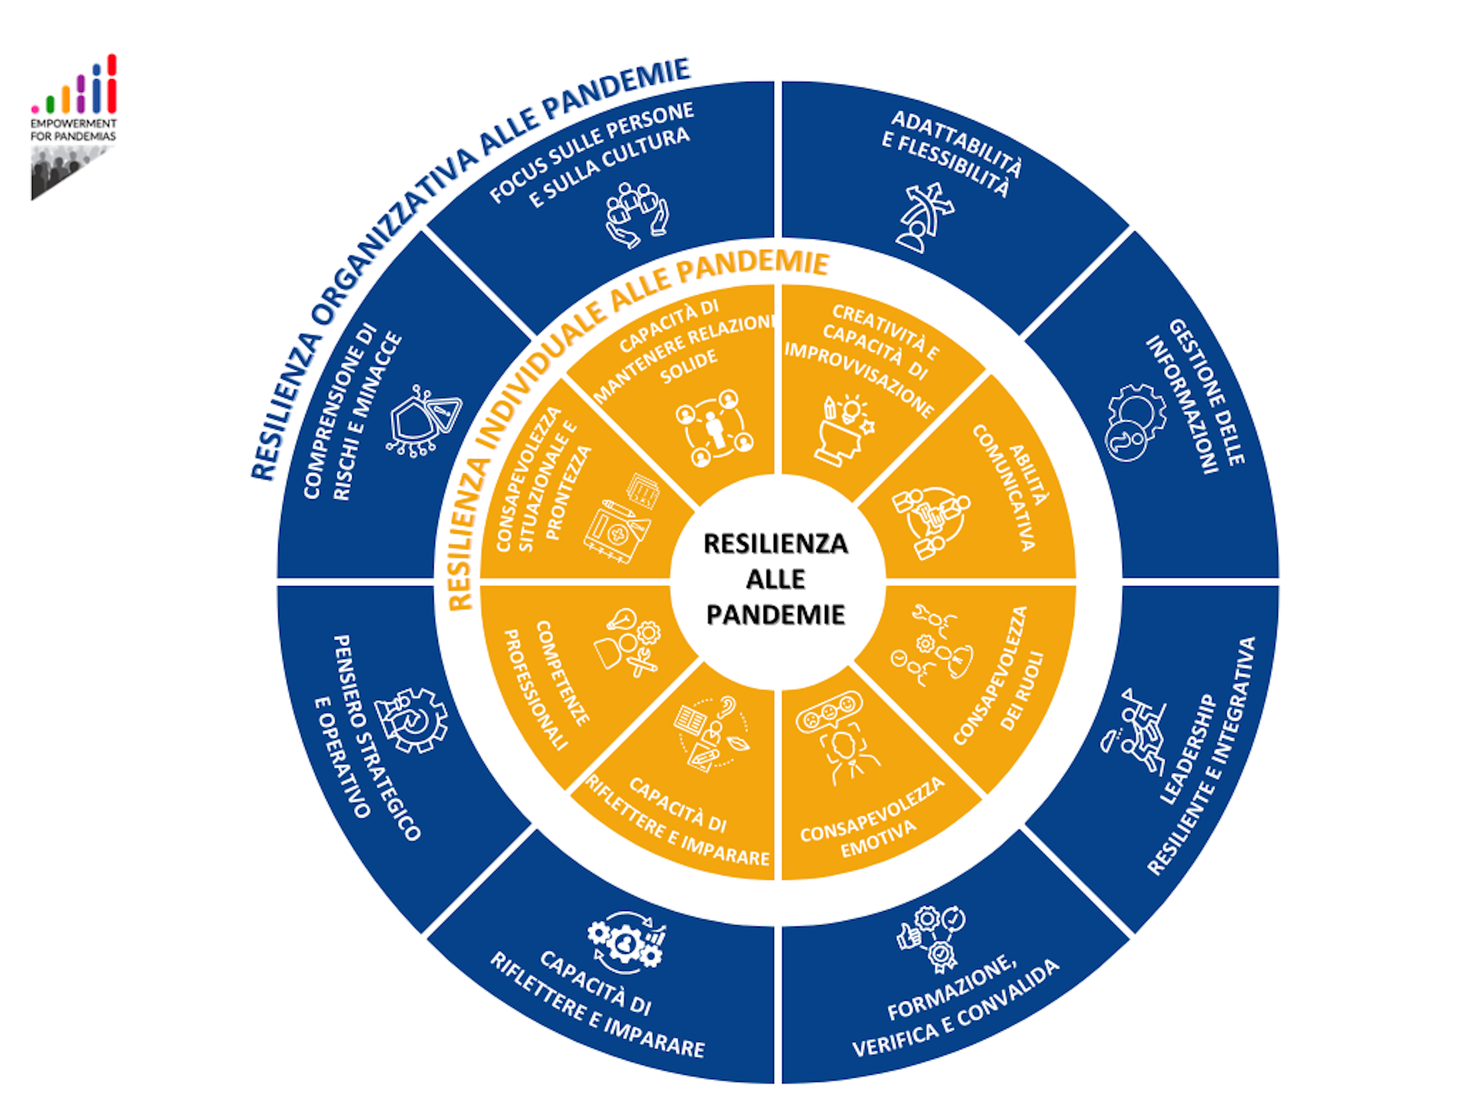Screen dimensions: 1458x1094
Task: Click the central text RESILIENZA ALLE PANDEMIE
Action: (x=776, y=579)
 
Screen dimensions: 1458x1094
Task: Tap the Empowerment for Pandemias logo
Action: (x=73, y=127)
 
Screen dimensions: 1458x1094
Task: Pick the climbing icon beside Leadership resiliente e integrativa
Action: (x=1132, y=731)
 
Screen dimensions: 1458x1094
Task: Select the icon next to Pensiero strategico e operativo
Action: (x=411, y=720)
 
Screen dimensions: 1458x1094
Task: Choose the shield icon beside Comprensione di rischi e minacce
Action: (x=423, y=421)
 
